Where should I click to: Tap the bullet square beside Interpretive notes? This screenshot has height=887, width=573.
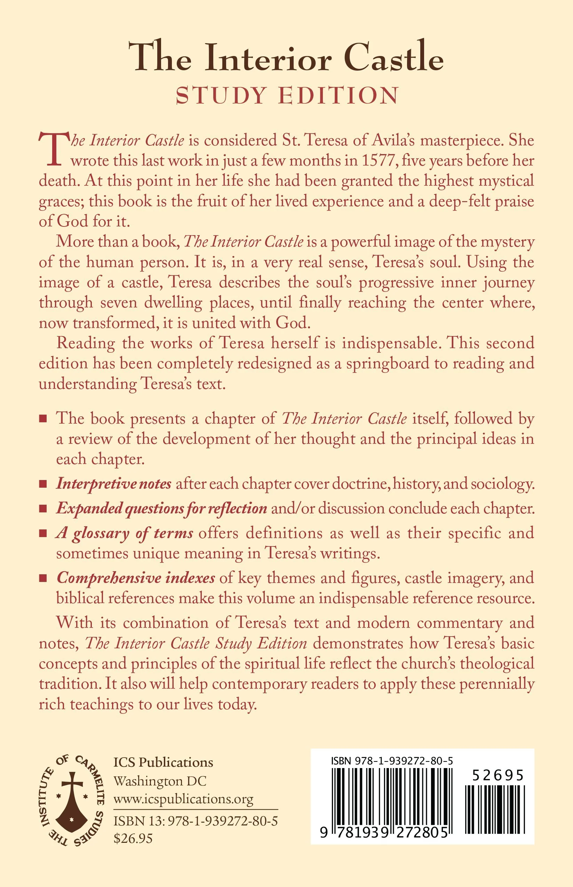click(x=43, y=484)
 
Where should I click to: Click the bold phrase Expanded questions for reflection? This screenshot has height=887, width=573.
click(x=161, y=509)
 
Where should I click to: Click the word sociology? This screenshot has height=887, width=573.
click(x=502, y=484)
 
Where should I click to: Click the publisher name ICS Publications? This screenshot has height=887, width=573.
click(x=163, y=762)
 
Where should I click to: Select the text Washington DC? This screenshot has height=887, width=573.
click(x=160, y=781)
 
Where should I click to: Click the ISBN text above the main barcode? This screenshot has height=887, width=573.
click(x=392, y=761)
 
